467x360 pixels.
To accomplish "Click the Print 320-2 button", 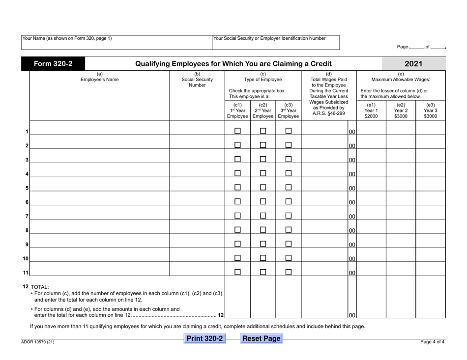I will click(x=204, y=339).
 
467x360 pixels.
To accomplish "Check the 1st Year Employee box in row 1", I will click(x=237, y=131).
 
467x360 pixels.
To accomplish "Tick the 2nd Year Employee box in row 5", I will click(x=263, y=188).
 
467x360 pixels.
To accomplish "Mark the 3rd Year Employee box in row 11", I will click(x=289, y=272).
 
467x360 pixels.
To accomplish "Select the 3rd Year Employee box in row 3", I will click(x=289, y=160).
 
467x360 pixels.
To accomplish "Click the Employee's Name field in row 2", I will click(x=100, y=145).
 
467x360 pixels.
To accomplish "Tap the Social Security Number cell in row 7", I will click(x=197, y=216).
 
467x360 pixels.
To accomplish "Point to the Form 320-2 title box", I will click(x=53, y=64).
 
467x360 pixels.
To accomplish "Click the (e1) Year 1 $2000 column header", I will click(x=371, y=111).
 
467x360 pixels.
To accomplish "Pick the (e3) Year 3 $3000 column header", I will click(x=430, y=111).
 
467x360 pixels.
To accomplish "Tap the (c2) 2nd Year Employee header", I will click(x=263, y=111).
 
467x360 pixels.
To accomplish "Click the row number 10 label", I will click(x=25, y=259).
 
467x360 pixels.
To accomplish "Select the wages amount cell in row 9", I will click(x=324, y=244).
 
